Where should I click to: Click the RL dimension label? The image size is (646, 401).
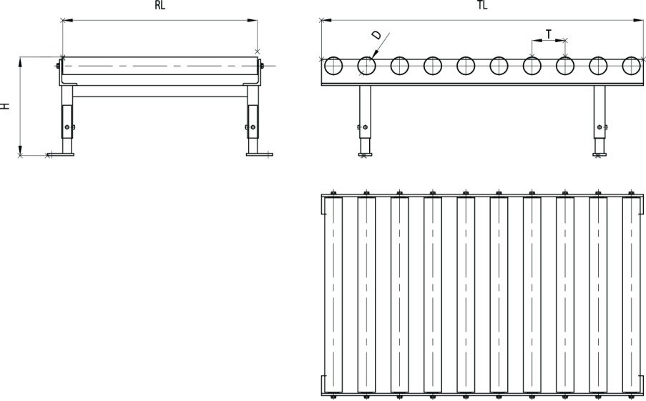click(160, 5)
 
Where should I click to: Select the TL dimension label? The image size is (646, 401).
click(482, 5)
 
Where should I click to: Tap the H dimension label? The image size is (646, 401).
click(5, 106)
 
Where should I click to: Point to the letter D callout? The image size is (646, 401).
click(376, 35)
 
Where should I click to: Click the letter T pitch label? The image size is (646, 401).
click(549, 34)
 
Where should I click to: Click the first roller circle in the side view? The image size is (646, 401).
click(333, 66)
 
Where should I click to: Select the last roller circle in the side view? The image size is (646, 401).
click(631, 66)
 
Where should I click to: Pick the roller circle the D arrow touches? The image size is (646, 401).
click(367, 66)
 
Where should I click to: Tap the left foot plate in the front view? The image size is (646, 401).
click(61, 154)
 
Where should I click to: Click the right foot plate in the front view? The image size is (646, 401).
click(259, 154)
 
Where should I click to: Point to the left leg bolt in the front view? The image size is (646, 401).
click(67, 127)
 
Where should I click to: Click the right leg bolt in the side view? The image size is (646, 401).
click(599, 127)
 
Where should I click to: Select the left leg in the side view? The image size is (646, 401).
click(365, 120)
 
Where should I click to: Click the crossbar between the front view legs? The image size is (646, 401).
click(160, 91)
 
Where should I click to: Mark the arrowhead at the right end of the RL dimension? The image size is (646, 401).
click(252, 20)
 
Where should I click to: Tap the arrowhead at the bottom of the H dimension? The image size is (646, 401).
click(20, 150)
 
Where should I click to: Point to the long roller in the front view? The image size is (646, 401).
click(160, 66)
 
